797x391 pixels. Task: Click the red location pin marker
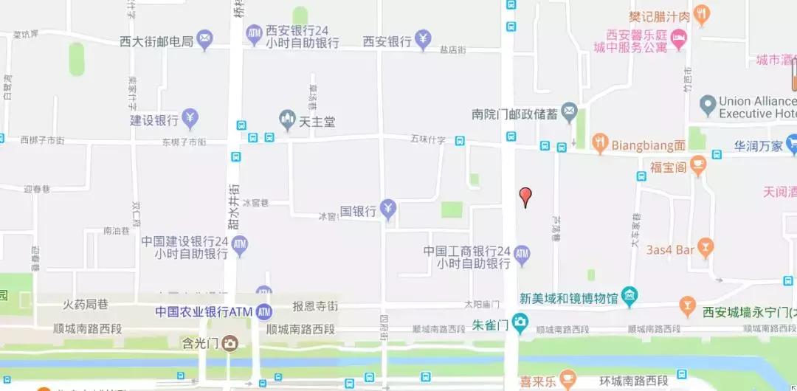525,196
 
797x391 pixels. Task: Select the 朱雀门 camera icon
520,322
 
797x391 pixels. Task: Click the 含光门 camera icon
230,343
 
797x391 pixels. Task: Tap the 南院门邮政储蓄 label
515,114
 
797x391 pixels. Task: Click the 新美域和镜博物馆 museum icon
629,297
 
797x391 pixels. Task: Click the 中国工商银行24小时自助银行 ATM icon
522,255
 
